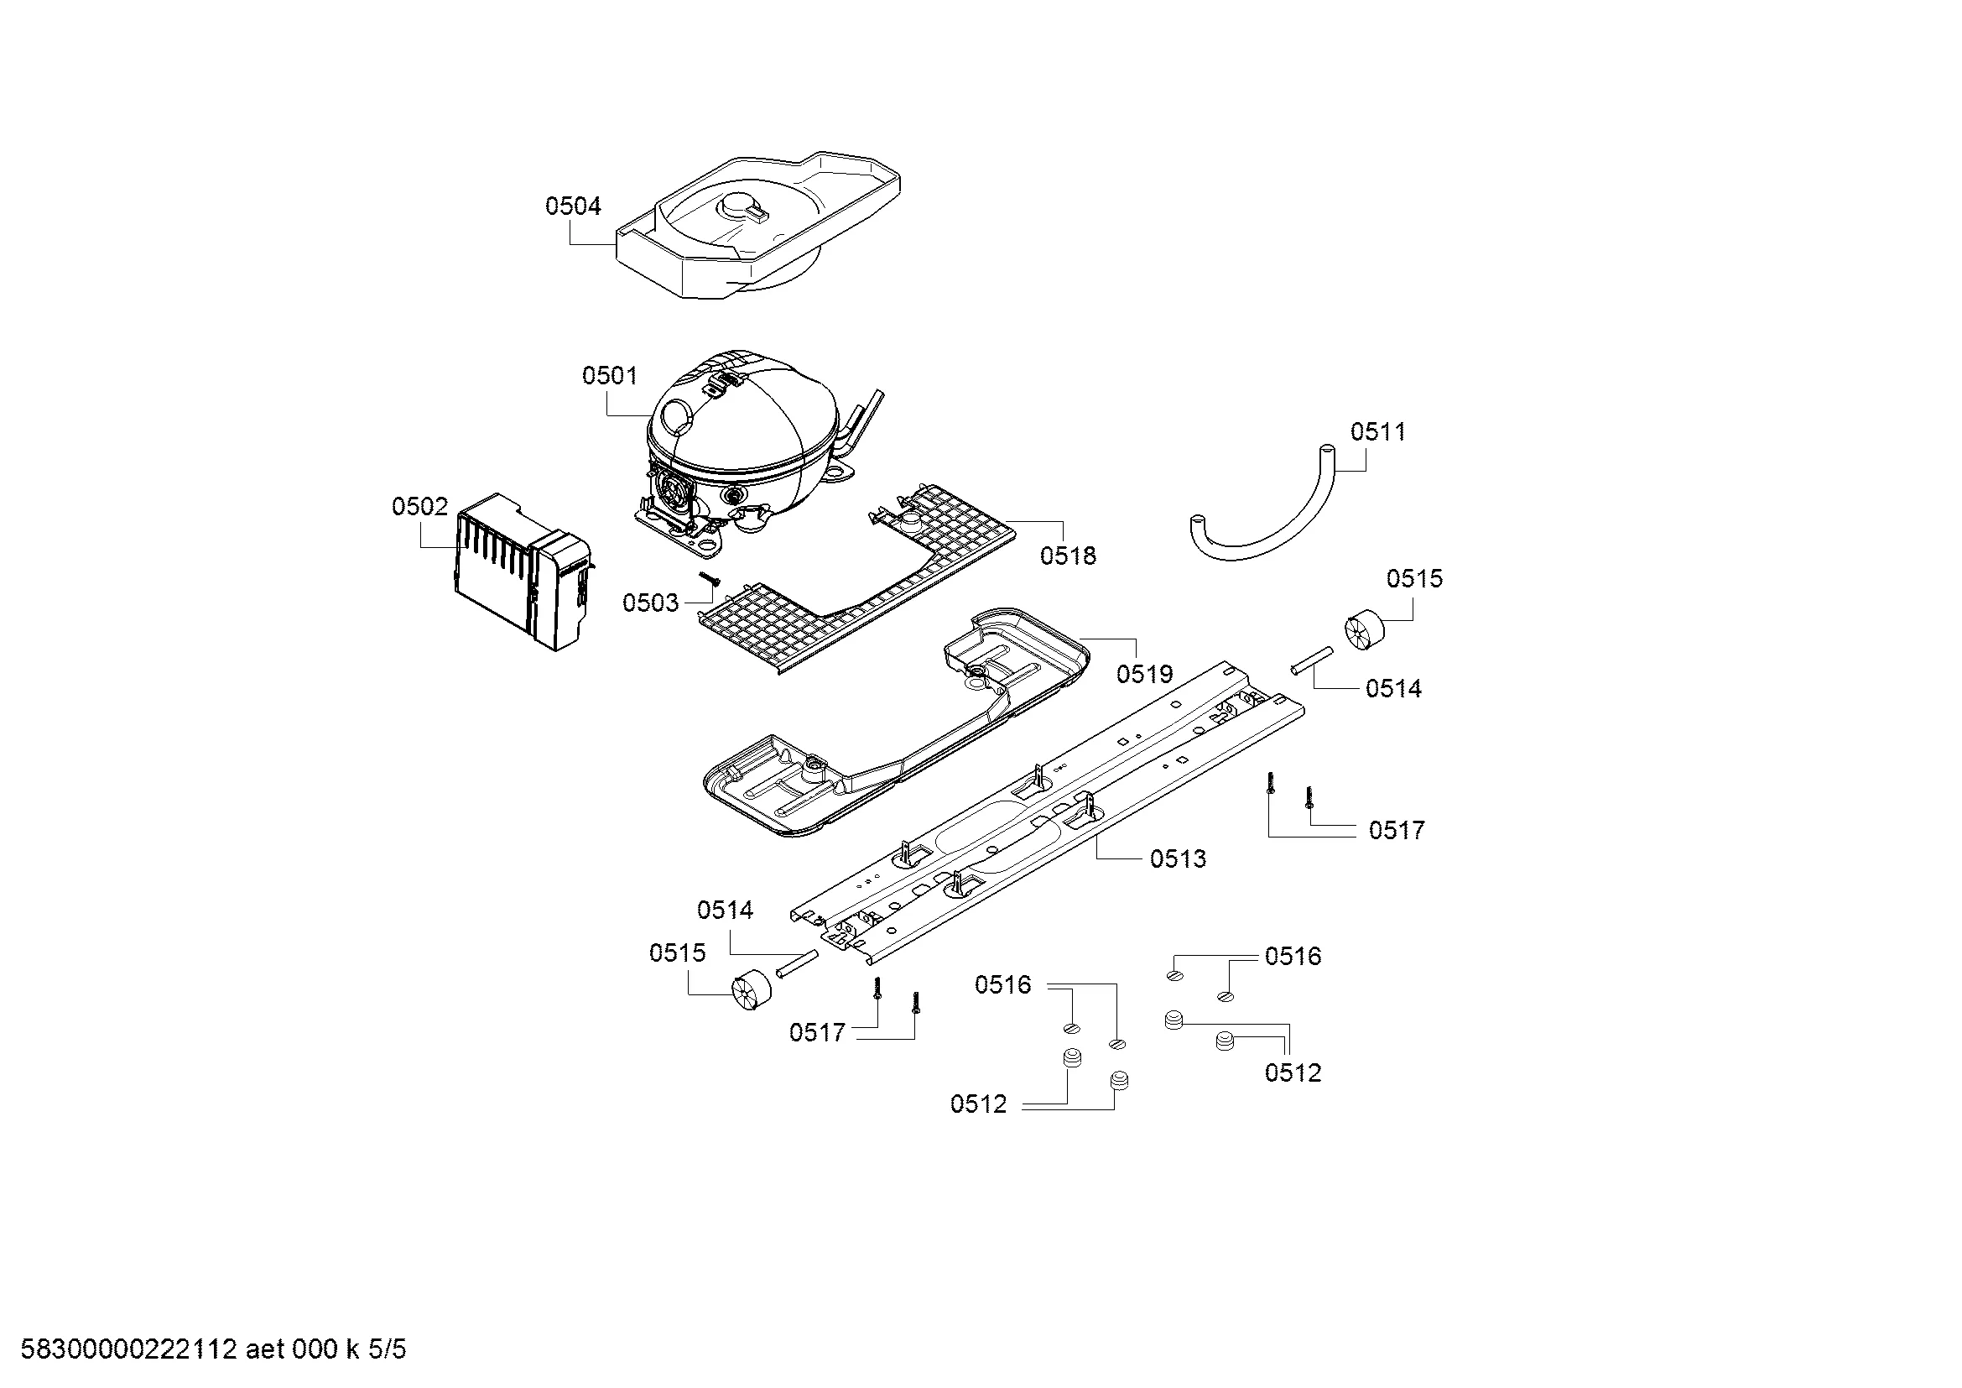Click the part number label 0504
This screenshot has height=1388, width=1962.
pos(573,206)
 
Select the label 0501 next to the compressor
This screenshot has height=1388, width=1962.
pos(609,376)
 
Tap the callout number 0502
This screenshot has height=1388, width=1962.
pos(419,507)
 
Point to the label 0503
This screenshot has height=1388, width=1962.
pos(649,603)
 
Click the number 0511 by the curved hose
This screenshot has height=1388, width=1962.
pos(1377,432)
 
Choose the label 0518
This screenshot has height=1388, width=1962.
pos(1067,556)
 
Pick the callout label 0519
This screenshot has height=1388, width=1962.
pos(1144,675)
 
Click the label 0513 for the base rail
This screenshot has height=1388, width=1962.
pos(1178,859)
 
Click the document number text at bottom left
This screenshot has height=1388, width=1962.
pos(128,1349)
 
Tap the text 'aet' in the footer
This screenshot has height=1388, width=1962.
pos(266,1349)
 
